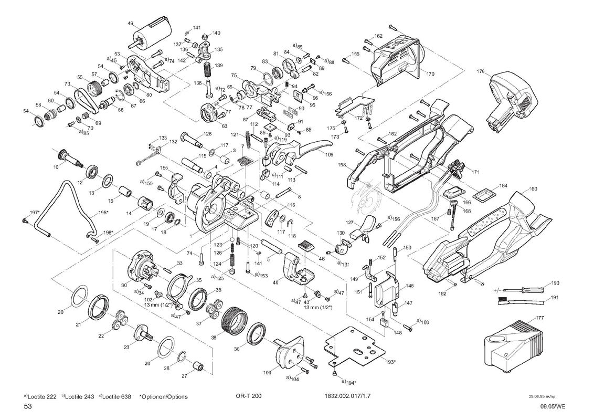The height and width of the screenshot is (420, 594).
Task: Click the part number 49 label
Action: click(130, 23)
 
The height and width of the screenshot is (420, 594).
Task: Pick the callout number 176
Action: click(481, 71)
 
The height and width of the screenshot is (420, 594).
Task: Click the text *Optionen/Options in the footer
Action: click(163, 396)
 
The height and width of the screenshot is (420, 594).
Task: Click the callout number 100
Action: click(267, 372)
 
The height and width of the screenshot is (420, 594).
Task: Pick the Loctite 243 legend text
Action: click(79, 396)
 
